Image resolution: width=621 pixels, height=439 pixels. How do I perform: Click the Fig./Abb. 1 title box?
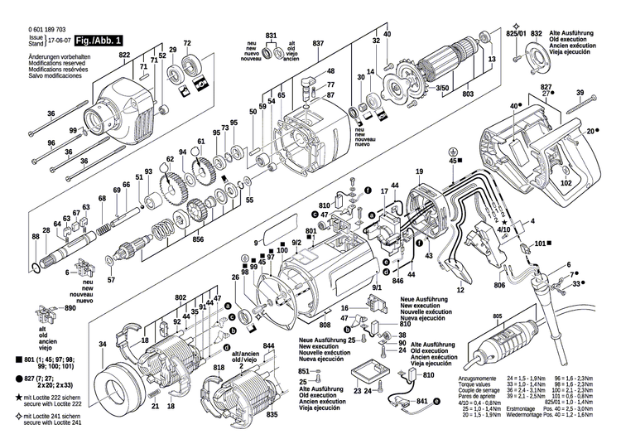(99, 40)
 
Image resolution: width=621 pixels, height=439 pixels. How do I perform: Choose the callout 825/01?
(516, 33)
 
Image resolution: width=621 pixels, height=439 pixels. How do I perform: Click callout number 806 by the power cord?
(499, 286)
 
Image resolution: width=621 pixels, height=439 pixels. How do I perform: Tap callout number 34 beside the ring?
(103, 344)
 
